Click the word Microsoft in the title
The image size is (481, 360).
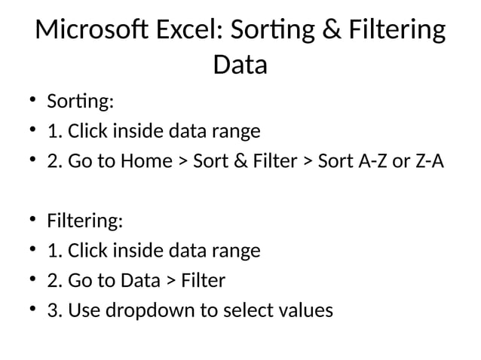(x=87, y=32)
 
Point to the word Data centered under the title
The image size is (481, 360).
(x=240, y=66)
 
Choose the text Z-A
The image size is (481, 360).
(x=425, y=162)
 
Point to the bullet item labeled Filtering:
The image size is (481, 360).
(x=84, y=222)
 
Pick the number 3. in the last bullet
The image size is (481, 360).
(x=54, y=311)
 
